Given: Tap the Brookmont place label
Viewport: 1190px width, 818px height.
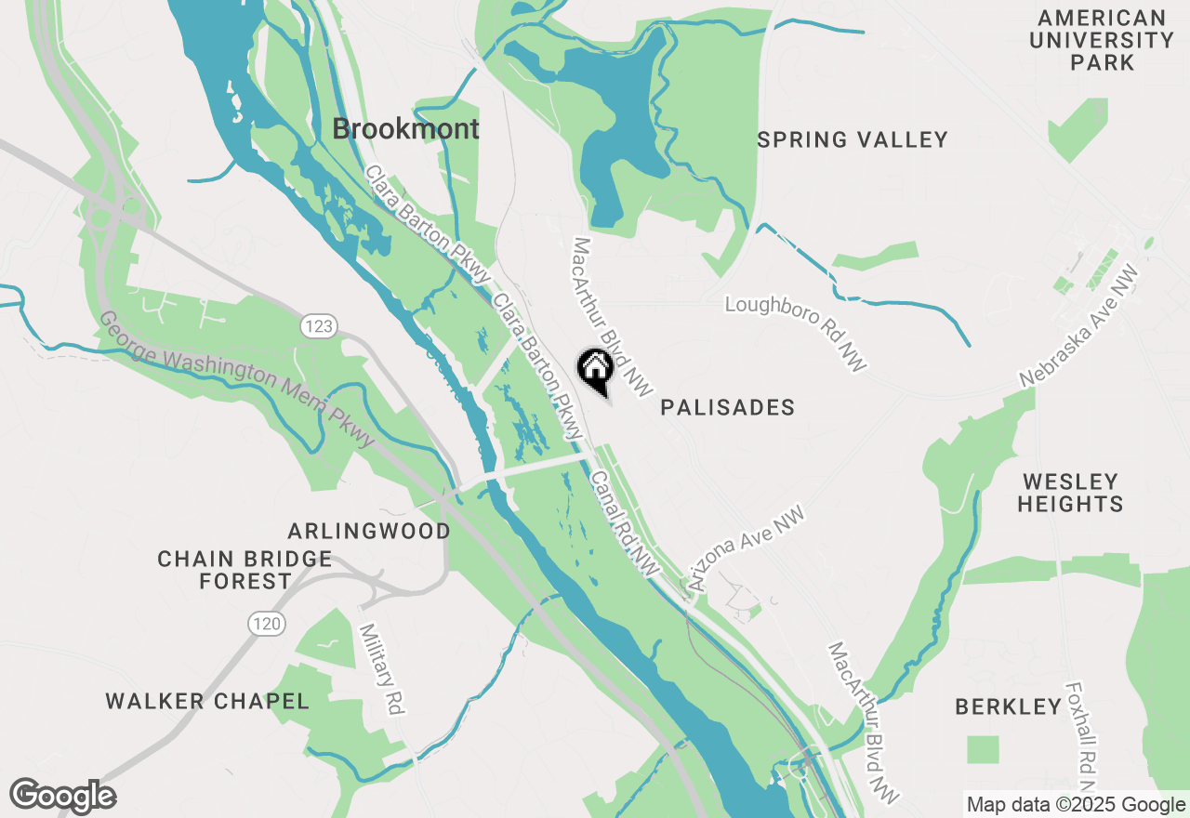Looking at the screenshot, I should [406, 129].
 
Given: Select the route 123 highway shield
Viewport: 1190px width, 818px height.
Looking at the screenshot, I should [317, 326].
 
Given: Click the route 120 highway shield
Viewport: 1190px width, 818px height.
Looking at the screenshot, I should [267, 624].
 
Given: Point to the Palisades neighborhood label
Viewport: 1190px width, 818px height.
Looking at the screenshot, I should [728, 407].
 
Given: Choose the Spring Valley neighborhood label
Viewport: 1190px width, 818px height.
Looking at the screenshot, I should [853, 140].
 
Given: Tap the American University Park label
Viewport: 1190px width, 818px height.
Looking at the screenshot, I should [1102, 41].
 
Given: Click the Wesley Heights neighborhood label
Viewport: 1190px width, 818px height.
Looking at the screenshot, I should [1070, 493].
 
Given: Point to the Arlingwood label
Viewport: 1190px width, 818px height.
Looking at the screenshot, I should [369, 531].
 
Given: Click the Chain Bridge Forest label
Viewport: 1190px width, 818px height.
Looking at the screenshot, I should [245, 570].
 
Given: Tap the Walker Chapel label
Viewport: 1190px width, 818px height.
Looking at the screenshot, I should [207, 701].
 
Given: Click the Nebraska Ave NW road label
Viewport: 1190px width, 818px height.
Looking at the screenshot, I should [1079, 325].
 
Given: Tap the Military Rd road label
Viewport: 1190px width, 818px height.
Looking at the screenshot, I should [383, 669].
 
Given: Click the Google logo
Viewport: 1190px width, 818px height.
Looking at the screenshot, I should [63, 796].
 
